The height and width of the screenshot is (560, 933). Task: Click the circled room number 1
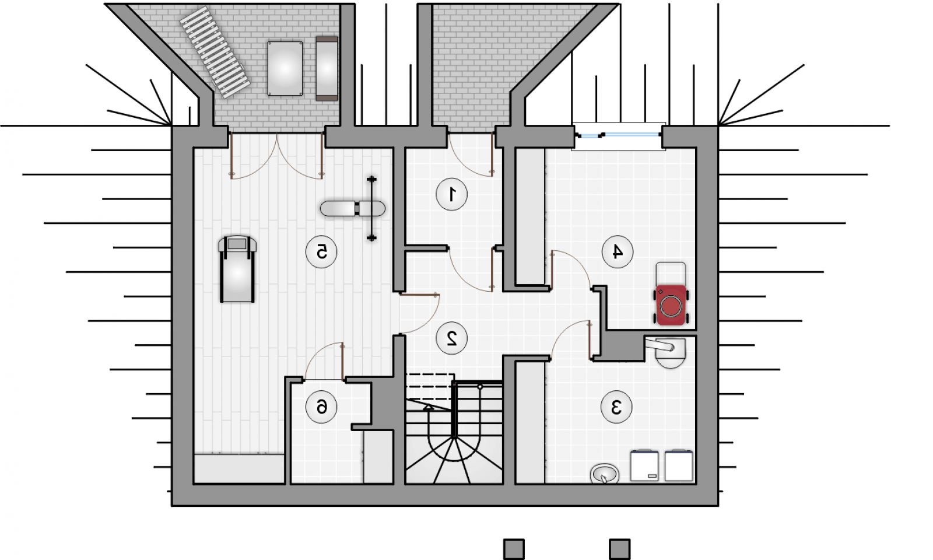pos(451,194)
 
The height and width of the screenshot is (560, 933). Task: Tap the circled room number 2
pos(451,338)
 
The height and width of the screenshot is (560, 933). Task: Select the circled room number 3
pos(616,407)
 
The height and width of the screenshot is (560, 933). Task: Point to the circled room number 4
pos(618,251)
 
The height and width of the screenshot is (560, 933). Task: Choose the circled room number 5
pos(321,251)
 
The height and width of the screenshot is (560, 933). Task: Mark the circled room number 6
pos(321,407)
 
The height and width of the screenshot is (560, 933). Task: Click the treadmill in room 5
pos(237,269)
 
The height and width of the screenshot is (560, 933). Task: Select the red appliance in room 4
pos(671,304)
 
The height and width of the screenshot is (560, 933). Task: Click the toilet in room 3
pos(668,353)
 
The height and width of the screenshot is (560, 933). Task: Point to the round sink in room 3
pos(604,473)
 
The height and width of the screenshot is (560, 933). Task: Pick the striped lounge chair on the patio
pos(215,52)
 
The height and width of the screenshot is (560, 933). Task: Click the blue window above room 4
pos(618,135)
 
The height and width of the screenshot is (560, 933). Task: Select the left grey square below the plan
pos(514,549)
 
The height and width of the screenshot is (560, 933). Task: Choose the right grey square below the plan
pos(619,549)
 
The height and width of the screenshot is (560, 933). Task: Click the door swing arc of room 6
pos(320,358)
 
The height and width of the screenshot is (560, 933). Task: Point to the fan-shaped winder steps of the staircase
pos(453,460)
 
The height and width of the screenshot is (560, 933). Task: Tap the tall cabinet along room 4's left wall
pos(530,216)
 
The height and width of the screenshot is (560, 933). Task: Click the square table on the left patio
pos(285,68)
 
